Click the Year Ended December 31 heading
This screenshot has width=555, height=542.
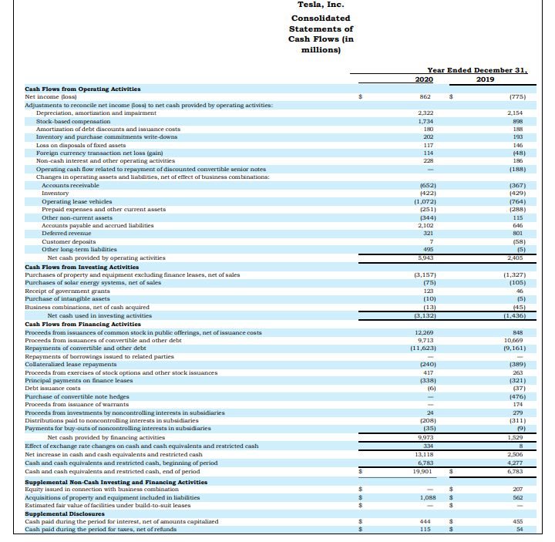click(477, 69)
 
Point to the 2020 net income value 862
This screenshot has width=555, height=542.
click(425, 97)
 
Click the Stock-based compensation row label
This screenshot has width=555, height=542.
click(73, 122)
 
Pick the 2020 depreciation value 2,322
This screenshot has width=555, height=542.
click(423, 113)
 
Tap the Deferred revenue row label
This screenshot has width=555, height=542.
click(62, 233)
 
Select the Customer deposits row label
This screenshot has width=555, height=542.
click(66, 241)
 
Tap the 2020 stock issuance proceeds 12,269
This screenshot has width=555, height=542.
click(422, 332)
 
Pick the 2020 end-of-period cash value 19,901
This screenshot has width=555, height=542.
click(421, 470)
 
